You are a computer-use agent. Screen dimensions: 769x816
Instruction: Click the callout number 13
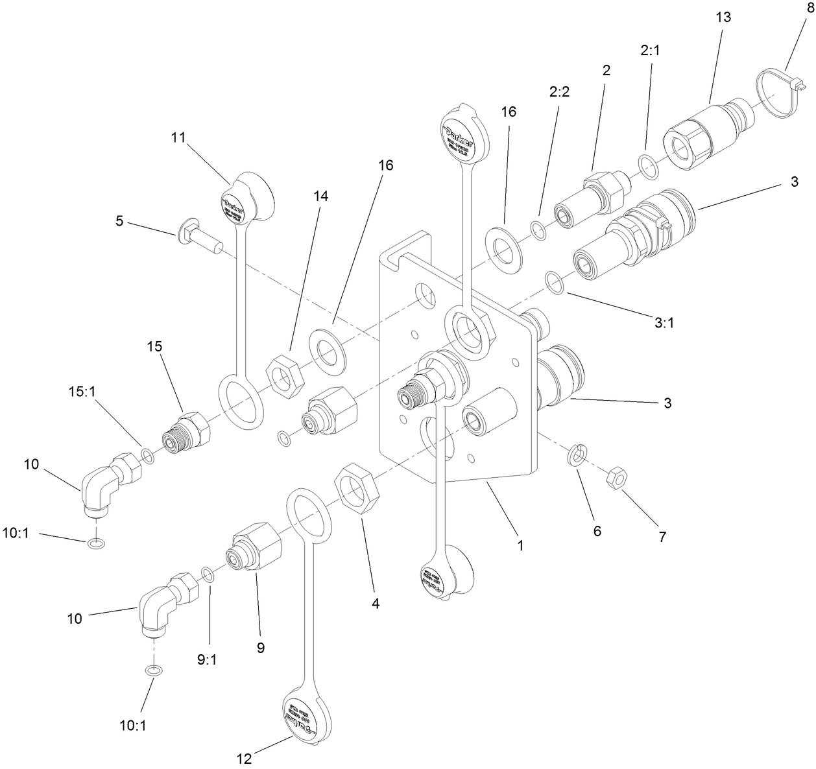click(723, 18)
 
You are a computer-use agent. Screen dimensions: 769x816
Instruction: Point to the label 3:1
click(664, 322)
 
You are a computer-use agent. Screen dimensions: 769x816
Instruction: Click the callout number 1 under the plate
click(520, 545)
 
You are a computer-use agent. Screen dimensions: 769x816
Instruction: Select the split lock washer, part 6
click(577, 455)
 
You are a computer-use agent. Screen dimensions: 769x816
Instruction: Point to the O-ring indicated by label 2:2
click(538, 229)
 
